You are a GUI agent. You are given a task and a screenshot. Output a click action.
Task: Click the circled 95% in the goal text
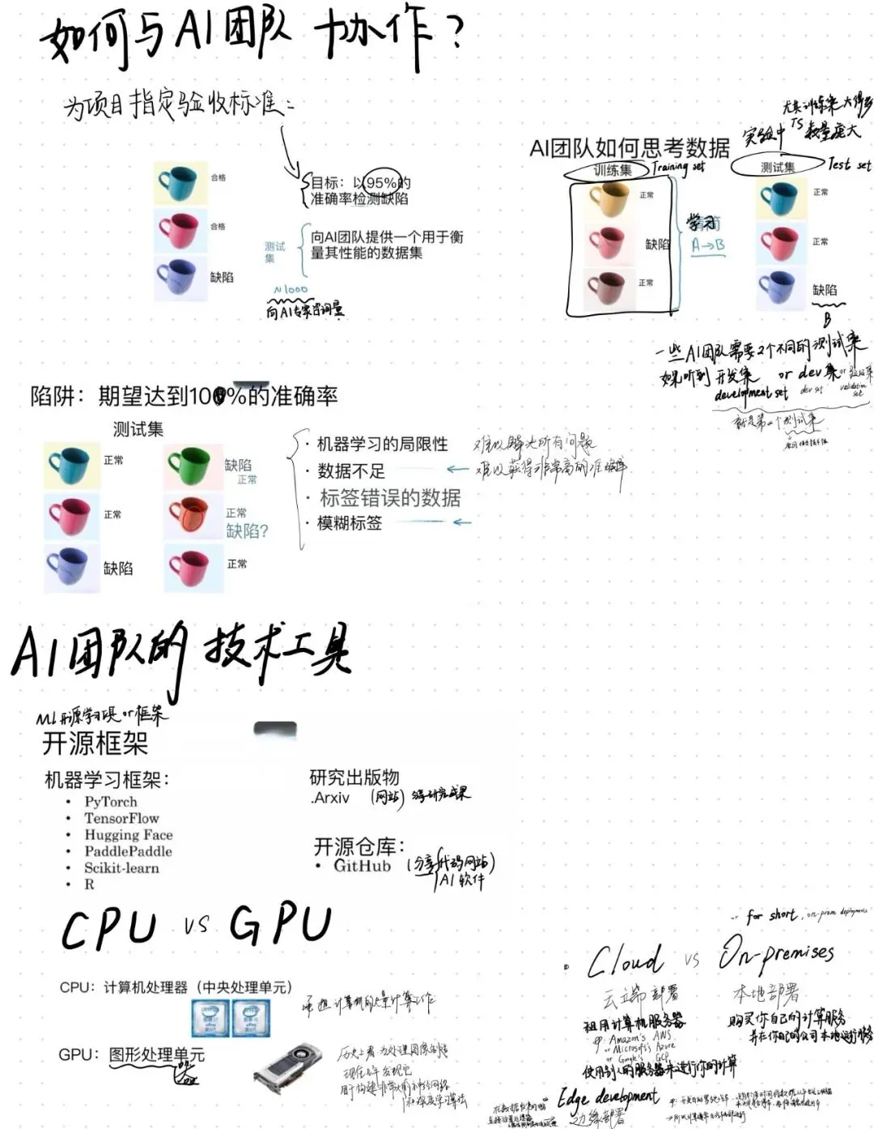pos(380,183)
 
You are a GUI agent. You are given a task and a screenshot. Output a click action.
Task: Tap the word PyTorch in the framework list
pos(110,802)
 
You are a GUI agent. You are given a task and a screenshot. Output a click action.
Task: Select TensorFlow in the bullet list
pos(121,818)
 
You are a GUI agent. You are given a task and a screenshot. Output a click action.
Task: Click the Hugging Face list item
pos(128,835)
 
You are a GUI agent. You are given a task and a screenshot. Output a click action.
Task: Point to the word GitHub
pos(362,866)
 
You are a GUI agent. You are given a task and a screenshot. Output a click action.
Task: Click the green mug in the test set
pos(189,466)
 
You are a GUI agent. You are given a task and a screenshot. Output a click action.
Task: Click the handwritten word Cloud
pos(625,961)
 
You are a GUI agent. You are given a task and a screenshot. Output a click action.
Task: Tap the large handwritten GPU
pos(280,925)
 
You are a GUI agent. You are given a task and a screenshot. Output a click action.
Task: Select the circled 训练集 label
pos(612,170)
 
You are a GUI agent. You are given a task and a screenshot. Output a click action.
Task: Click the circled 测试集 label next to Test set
pos(777,167)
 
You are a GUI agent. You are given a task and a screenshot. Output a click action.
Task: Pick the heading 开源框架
pos(95,743)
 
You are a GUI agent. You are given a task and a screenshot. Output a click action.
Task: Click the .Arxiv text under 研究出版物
pos(330,798)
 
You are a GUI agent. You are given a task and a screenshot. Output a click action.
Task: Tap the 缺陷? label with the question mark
pos(247,531)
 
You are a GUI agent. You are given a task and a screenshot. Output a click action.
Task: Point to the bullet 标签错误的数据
pos(390,498)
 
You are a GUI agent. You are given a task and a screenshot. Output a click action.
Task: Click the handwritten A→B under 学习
pos(708,245)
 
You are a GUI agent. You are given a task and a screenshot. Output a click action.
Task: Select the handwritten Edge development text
pos(608,1098)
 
